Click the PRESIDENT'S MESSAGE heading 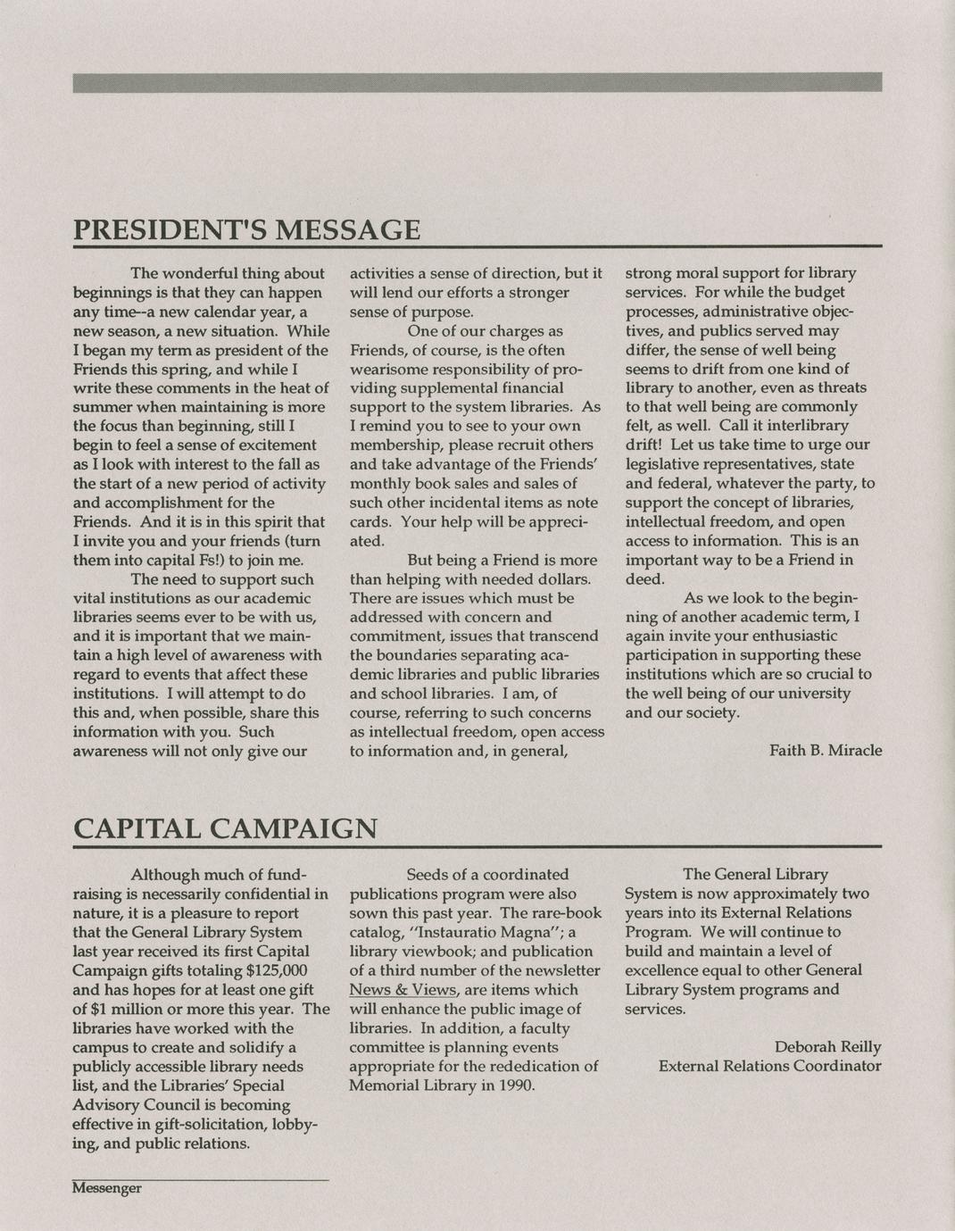[246, 229]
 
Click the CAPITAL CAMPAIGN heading [224, 828]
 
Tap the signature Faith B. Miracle [825, 751]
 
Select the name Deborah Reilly [827, 1047]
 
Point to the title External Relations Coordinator [769, 1066]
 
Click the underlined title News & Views [403, 989]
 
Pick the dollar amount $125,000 [276, 970]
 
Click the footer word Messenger [107, 1188]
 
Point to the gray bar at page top [477, 82]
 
